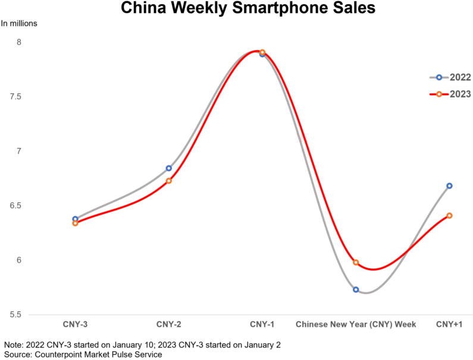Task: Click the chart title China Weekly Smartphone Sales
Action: [x=236, y=9]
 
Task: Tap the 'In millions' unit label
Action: [x=19, y=24]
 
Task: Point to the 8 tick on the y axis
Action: [x=19, y=42]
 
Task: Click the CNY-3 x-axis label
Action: [x=75, y=324]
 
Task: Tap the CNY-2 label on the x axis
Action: [x=168, y=324]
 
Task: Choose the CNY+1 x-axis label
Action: [x=449, y=324]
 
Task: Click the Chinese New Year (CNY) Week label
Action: [x=356, y=324]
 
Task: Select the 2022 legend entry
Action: [x=450, y=77]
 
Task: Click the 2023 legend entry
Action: [x=450, y=94]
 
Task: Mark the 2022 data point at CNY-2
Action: [x=169, y=168]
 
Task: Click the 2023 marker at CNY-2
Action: [x=169, y=181]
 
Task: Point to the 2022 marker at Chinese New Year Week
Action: [x=356, y=290]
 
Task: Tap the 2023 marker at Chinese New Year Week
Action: [x=356, y=262]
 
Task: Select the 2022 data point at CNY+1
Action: [x=450, y=186]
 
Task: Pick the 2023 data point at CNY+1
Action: [x=450, y=215]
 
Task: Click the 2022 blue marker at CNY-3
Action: [x=75, y=219]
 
